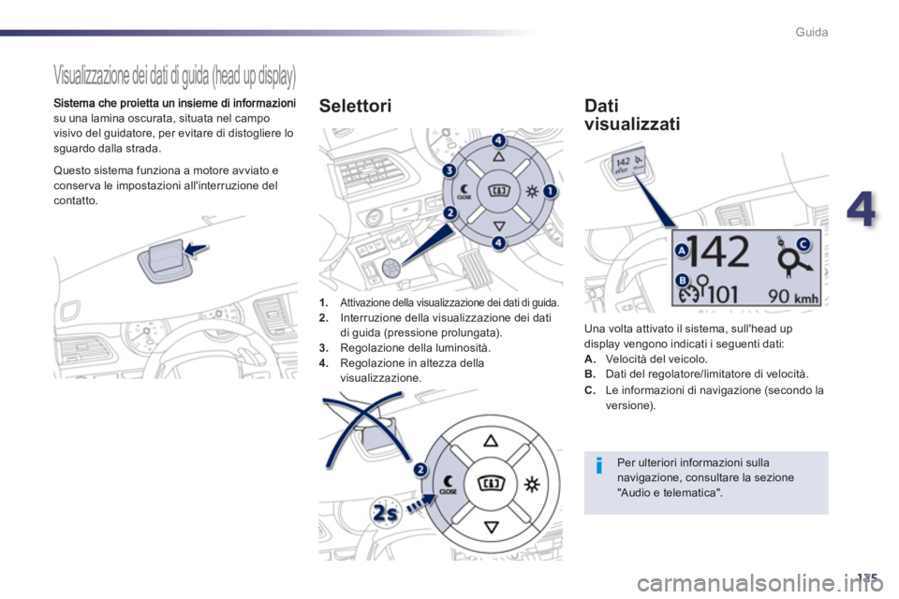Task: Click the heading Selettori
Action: pos(355,106)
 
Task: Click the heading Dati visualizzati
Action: pos(632,114)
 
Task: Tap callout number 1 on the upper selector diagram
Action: pos(550,191)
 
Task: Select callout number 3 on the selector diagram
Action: pos(449,170)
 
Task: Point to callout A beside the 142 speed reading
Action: pos(682,251)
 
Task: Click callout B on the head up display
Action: pos(682,280)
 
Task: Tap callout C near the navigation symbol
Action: pos(803,244)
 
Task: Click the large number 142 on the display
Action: pos(719,251)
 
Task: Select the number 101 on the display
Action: pos(722,295)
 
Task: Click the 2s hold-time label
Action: pos(385,512)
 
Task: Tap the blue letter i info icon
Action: pos(599,465)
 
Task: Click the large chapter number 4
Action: pos(862,209)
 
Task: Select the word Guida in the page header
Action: pos(811,32)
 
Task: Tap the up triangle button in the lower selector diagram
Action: pos(492,441)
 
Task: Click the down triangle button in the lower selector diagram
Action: pos(492,527)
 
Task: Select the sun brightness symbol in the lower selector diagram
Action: pos(532,485)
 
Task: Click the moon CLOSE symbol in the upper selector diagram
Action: pos(464,192)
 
